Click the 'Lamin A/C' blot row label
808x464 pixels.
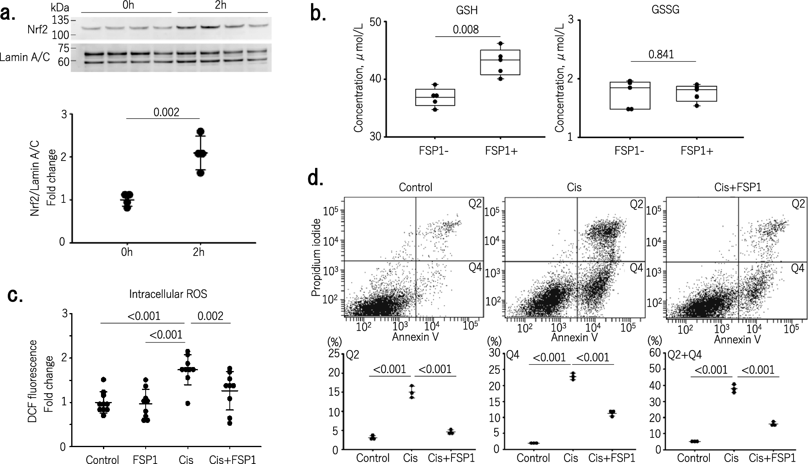point(25,58)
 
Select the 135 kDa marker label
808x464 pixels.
point(59,20)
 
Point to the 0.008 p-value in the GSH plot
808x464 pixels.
point(466,29)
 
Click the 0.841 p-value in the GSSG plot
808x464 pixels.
point(661,54)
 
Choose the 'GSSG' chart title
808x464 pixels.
point(665,10)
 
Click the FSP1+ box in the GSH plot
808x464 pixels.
point(500,62)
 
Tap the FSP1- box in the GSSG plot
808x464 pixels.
point(630,95)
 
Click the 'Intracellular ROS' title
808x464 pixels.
point(168,294)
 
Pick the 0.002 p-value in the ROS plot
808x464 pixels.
point(210,316)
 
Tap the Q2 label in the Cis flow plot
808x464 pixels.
point(636,204)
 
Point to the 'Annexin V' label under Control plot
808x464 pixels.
point(415,337)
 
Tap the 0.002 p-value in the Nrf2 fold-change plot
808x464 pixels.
point(166,112)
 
